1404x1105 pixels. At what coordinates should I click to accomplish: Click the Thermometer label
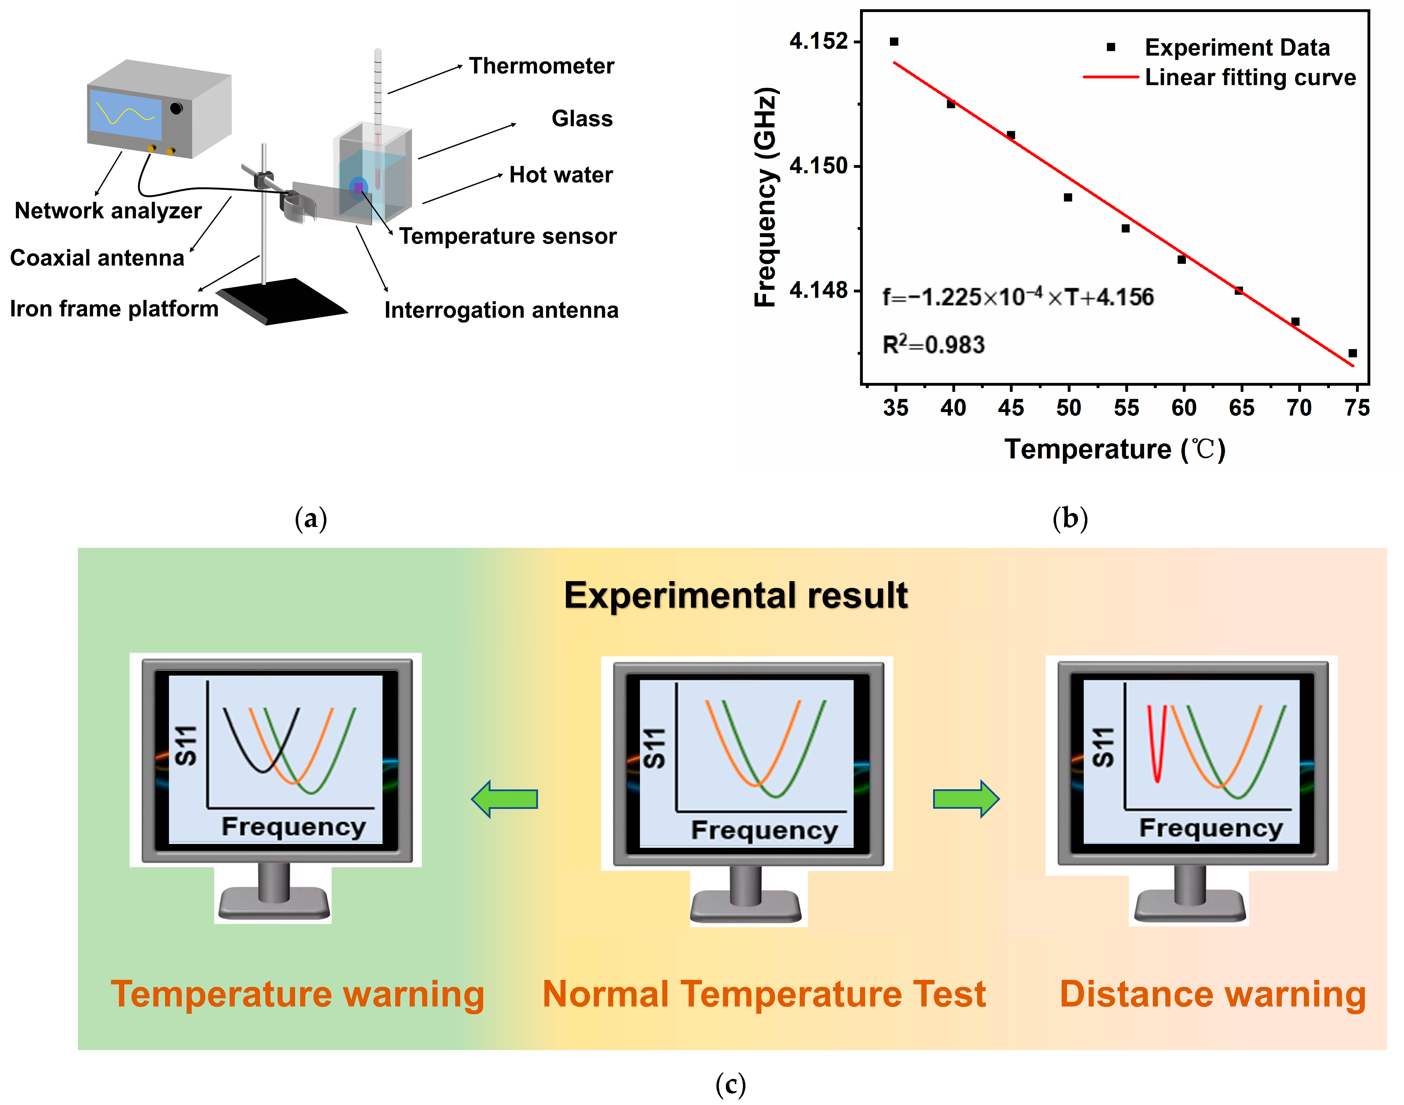point(541,66)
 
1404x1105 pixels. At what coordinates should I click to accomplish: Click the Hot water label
point(560,175)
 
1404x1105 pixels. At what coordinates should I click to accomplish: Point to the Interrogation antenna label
point(501,310)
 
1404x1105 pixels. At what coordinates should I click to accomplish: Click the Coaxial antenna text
point(97,258)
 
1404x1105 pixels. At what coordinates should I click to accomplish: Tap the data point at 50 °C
point(1068,197)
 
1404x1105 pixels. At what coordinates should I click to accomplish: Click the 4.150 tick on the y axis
point(818,166)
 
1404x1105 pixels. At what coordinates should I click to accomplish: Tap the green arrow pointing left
point(504,799)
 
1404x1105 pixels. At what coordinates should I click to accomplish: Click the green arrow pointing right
point(966,799)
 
